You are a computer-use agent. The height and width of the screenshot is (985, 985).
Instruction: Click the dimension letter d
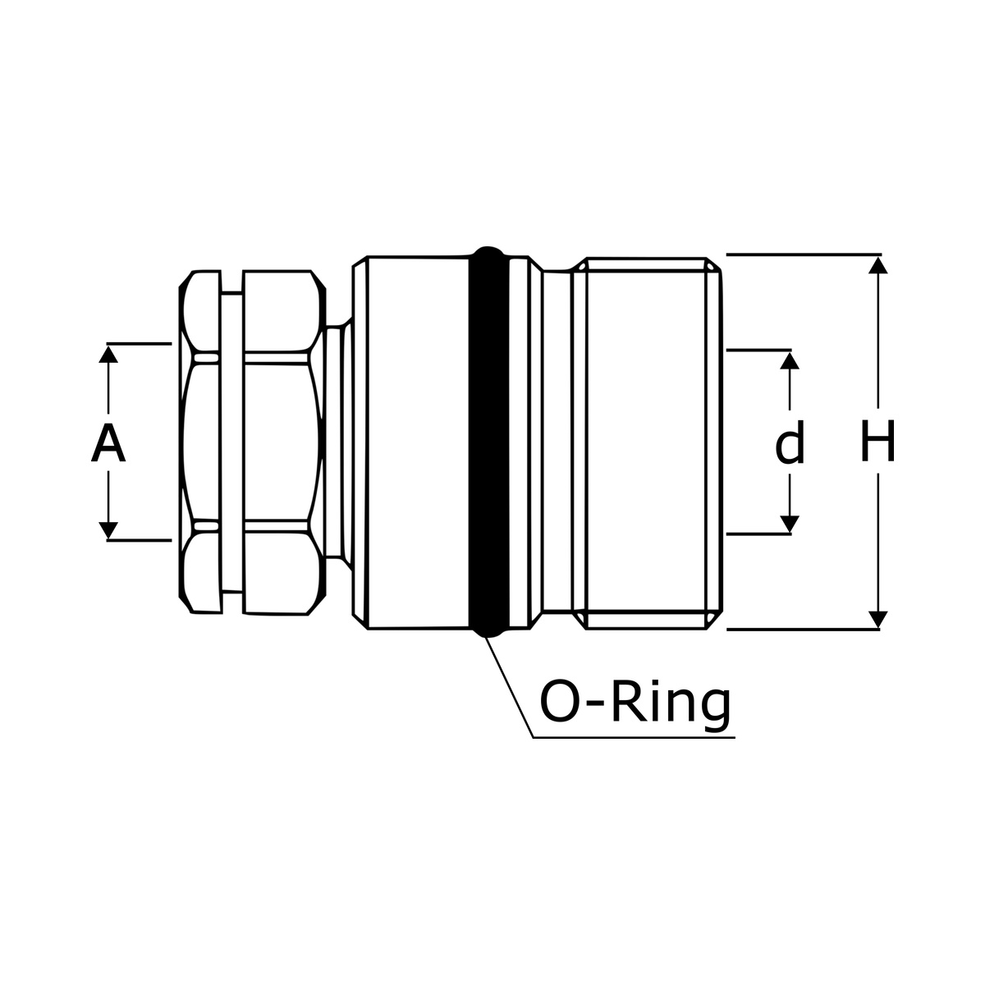(x=790, y=442)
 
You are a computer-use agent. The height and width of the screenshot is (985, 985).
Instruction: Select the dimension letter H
(x=877, y=441)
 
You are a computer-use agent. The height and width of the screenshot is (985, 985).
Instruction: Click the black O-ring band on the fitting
(x=488, y=442)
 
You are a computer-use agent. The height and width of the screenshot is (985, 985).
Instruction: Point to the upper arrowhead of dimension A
(x=108, y=355)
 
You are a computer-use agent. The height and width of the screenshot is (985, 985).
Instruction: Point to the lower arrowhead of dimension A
(x=108, y=530)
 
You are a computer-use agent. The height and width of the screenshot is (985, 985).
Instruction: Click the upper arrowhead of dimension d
(x=790, y=360)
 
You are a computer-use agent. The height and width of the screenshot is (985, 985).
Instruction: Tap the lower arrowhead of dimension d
(x=790, y=524)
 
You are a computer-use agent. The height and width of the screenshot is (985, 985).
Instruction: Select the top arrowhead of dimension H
(x=878, y=265)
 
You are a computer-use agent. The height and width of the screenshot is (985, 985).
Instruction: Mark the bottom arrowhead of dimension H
(x=878, y=620)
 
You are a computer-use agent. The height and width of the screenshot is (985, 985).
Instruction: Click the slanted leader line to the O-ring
(x=509, y=688)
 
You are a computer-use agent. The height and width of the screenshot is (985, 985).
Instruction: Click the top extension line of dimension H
(x=804, y=254)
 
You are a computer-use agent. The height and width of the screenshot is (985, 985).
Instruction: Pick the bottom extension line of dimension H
(x=803, y=630)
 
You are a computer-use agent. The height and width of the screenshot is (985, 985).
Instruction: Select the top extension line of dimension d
(x=759, y=350)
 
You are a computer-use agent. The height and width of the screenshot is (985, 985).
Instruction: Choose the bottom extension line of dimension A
(x=139, y=540)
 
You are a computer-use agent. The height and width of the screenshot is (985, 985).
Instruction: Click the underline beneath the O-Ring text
(x=635, y=738)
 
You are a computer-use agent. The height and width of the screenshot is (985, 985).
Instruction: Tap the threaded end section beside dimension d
(x=647, y=442)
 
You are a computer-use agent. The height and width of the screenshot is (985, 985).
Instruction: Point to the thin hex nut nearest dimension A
(x=200, y=442)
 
